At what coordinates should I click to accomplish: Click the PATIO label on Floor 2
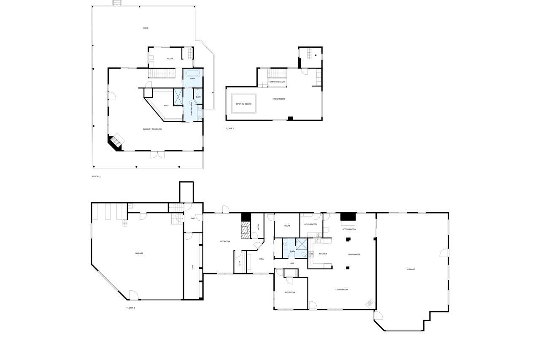(146, 28)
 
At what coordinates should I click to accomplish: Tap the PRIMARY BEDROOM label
(152, 129)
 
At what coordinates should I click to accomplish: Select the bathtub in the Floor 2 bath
(193, 73)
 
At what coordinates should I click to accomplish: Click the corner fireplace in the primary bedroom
(116, 142)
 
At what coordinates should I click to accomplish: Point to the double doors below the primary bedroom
(157, 154)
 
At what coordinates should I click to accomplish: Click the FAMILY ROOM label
(279, 99)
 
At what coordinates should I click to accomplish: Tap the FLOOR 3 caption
(229, 129)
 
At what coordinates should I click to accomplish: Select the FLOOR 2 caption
(96, 176)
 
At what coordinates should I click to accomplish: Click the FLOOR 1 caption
(131, 308)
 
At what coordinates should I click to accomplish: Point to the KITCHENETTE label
(310, 225)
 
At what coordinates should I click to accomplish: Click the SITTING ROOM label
(349, 229)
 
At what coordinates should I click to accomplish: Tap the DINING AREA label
(354, 254)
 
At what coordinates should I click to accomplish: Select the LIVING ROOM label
(342, 290)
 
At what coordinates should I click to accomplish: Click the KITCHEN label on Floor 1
(323, 254)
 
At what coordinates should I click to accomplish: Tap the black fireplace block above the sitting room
(348, 217)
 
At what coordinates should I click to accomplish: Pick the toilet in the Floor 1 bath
(304, 255)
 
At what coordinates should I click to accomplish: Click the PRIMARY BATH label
(192, 108)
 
